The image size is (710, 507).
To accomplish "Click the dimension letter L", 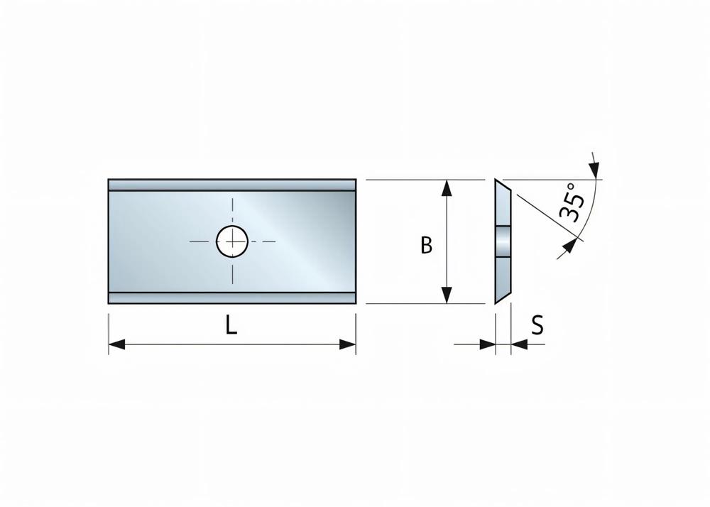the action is click(x=231, y=325).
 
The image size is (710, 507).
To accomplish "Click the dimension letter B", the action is click(x=427, y=245).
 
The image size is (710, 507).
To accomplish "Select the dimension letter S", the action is click(x=537, y=325).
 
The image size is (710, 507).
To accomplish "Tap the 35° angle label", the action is click(x=572, y=202).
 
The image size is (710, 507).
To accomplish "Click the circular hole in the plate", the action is click(x=232, y=241).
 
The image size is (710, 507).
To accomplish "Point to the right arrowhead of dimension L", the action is click(x=348, y=344).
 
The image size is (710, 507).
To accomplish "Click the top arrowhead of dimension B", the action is click(x=447, y=188).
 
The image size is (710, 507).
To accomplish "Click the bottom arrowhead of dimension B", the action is click(x=447, y=295).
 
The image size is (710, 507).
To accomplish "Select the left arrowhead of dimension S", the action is click(x=488, y=344).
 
